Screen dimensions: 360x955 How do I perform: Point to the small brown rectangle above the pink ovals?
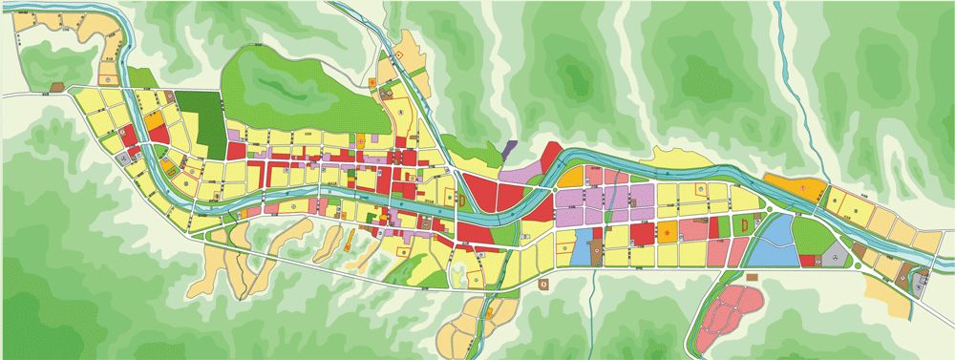(x=753, y=277)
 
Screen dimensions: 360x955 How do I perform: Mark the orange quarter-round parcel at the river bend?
(x=570, y=177)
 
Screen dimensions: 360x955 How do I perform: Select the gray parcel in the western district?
(x=124, y=159)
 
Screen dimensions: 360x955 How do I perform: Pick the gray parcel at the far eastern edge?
(x=923, y=281)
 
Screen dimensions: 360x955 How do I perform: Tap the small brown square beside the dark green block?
(x=170, y=96)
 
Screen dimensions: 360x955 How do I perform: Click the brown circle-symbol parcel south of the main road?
(x=543, y=283)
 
